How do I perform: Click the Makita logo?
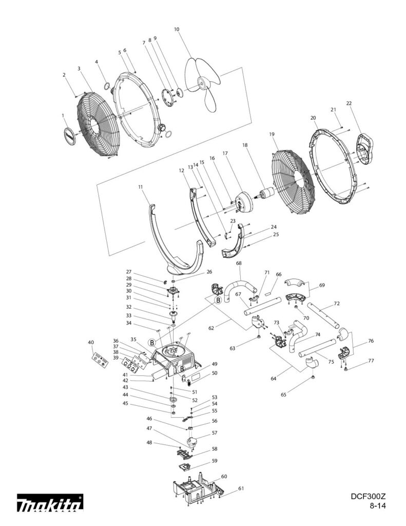(50, 503)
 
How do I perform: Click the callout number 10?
(177, 30)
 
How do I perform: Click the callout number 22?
(349, 103)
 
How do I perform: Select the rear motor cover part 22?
(367, 149)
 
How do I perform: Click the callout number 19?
(272, 134)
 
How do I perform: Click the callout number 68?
(239, 264)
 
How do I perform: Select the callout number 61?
(241, 489)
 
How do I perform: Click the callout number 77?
(371, 361)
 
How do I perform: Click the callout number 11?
(140, 187)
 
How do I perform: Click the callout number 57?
(215, 433)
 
